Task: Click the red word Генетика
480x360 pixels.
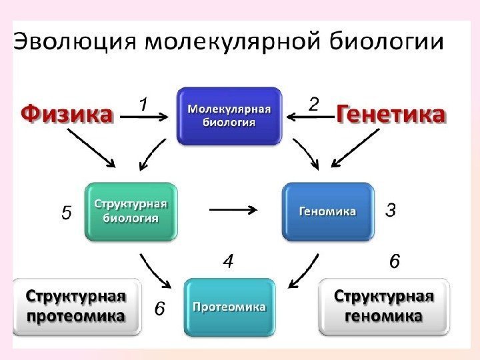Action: coord(391,115)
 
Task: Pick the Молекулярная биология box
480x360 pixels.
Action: coord(229,115)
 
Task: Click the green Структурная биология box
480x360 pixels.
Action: coord(131,211)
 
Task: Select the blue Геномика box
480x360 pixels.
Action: coord(327,211)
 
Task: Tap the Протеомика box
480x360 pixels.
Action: coord(229,307)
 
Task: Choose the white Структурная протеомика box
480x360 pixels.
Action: coord(77,306)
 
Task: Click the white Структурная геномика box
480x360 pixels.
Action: coord(384,306)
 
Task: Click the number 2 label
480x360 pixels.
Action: coord(314,104)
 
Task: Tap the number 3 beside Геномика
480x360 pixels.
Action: coord(391,211)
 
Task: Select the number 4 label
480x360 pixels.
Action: coord(228,263)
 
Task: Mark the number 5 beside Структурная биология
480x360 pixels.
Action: coord(66,213)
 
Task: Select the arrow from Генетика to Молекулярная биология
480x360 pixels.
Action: coord(310,117)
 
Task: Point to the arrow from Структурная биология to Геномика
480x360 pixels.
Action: coord(233,210)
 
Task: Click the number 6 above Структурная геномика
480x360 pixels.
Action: coord(395,262)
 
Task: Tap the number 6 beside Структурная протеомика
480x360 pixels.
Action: coord(160,309)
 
